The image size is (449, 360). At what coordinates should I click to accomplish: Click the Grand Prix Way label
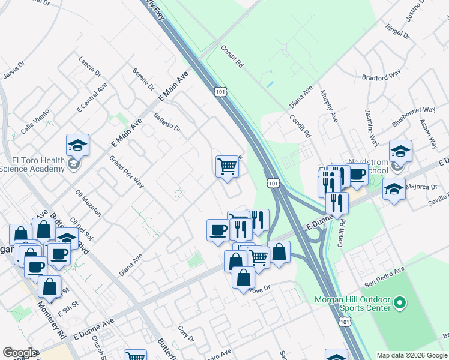point(126,172)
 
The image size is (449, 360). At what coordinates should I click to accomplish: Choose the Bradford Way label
point(381,76)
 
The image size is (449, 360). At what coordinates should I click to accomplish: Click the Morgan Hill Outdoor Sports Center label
point(352,304)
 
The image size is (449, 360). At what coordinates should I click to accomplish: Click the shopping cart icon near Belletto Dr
point(227,166)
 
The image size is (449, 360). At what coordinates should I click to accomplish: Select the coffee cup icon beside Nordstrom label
point(357,175)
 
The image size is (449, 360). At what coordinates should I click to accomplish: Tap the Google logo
point(20,353)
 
